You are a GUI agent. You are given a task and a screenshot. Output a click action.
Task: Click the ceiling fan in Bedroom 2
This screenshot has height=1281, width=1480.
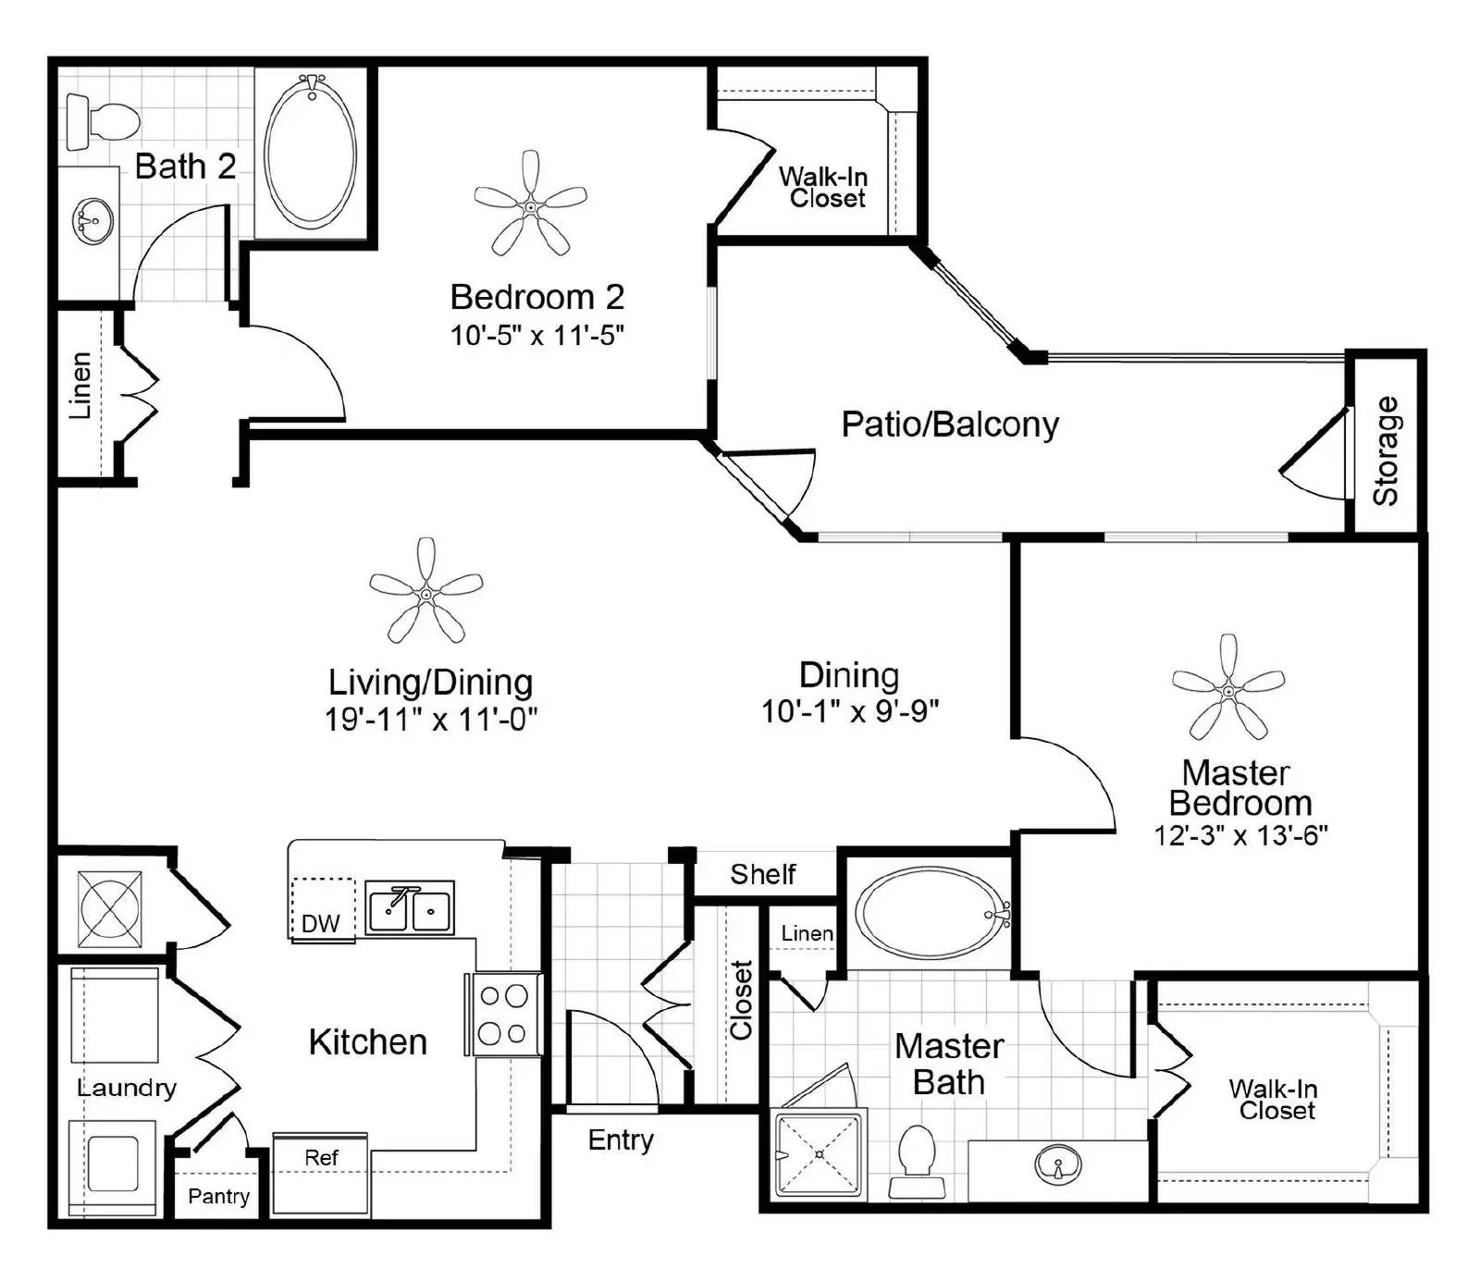point(530,206)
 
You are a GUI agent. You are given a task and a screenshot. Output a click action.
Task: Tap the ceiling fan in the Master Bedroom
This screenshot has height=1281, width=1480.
point(1228,689)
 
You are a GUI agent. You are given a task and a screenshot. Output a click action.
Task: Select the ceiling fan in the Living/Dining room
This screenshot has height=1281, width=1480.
point(425,593)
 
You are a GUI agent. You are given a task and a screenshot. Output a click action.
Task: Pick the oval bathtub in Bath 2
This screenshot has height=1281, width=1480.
point(311,152)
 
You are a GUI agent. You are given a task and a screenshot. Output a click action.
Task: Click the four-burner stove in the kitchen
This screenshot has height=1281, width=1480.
point(503,1014)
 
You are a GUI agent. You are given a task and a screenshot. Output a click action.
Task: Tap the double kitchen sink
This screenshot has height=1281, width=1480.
point(410,908)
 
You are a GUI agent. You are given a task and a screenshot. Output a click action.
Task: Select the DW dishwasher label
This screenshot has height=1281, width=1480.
point(320,923)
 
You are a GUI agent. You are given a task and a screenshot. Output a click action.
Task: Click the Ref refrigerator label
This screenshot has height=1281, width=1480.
point(321,1157)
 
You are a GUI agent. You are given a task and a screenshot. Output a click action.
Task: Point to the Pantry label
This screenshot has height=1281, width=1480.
point(218,1196)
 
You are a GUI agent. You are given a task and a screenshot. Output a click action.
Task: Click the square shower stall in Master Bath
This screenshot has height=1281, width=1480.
point(820,1152)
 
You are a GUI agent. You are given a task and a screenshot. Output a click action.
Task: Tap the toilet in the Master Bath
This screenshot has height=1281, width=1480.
point(917,1162)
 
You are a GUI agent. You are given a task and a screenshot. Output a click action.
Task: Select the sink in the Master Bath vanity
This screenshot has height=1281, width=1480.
point(1058,1164)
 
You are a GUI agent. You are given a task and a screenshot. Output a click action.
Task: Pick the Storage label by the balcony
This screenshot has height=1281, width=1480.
point(1385,450)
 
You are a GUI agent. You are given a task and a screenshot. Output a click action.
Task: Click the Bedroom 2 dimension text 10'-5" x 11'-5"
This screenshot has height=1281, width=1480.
point(537,335)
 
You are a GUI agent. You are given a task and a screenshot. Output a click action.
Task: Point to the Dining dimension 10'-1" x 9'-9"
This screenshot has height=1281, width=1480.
point(850,711)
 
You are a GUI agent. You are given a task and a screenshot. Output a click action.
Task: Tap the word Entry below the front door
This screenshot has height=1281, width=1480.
point(621,1140)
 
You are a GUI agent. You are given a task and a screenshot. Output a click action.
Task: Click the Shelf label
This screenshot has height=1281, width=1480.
point(763,874)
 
